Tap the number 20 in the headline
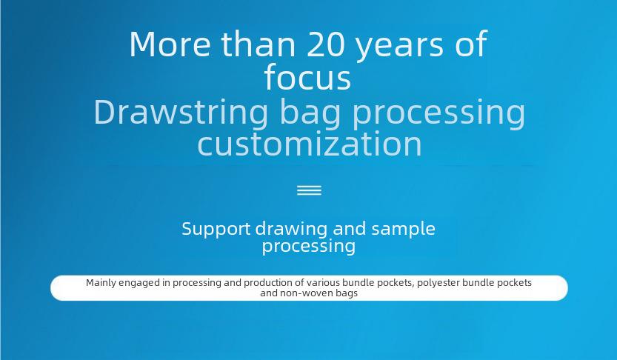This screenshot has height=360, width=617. click(326, 44)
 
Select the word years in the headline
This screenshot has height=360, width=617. click(400, 47)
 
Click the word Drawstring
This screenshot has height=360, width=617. click(181, 113)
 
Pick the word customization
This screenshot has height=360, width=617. click(310, 143)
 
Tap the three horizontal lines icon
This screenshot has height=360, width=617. click(310, 190)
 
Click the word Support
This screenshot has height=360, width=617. click(216, 229)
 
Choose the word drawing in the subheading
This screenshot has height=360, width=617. click(291, 229)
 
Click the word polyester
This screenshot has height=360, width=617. click(438, 284)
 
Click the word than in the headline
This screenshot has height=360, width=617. click(258, 44)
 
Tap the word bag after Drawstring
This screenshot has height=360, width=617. click(310, 113)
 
